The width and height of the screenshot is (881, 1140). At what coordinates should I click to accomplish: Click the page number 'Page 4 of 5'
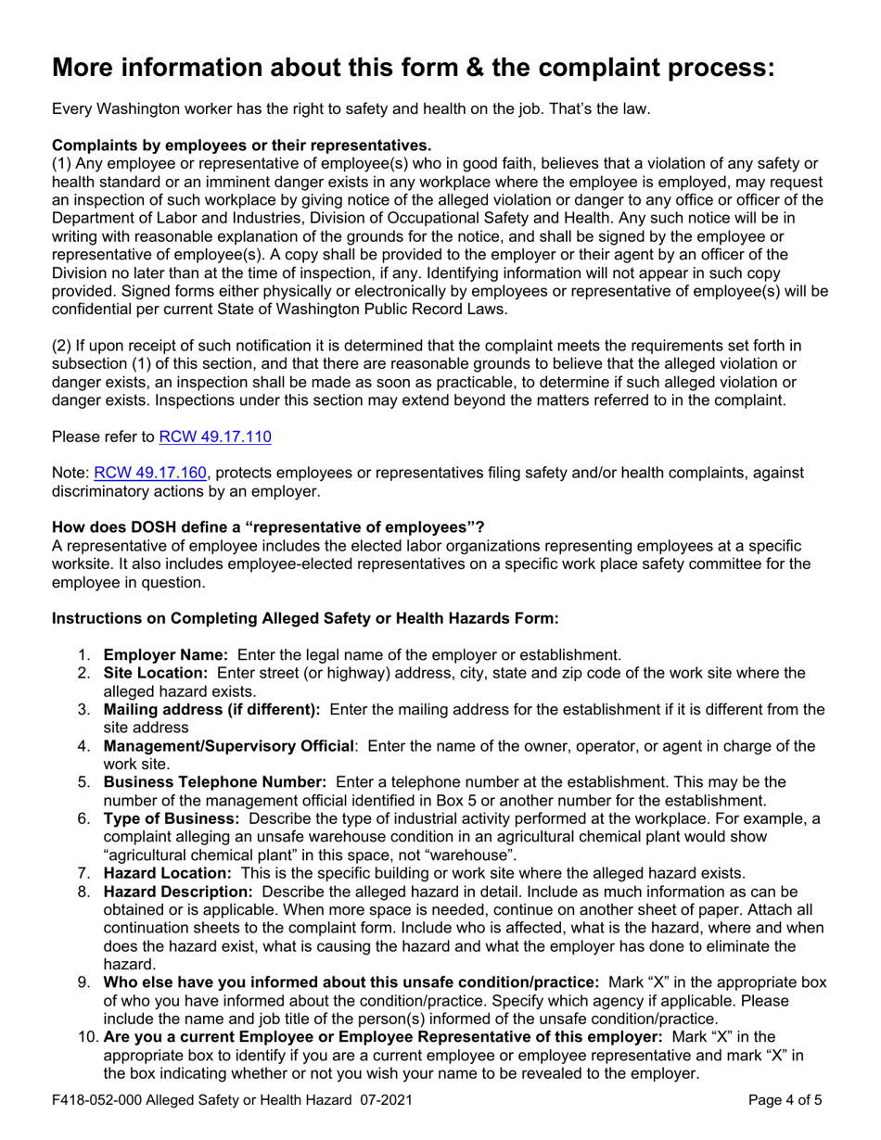click(785, 1102)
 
